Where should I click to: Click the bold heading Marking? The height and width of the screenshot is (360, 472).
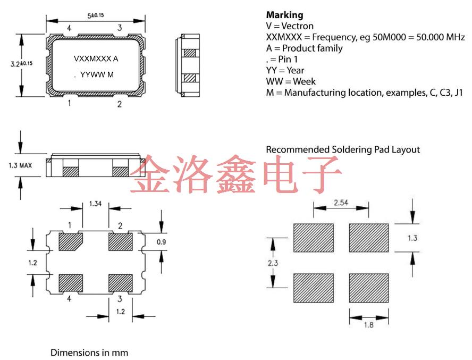(x=284, y=14)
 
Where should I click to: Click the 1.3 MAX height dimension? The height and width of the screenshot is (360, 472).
(x=20, y=165)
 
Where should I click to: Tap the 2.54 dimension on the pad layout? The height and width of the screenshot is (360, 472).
(x=341, y=203)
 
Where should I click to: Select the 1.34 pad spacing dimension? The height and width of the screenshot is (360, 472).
(x=96, y=204)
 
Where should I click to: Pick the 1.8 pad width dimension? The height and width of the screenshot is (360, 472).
(x=368, y=324)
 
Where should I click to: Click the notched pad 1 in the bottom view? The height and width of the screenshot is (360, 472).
(x=70, y=242)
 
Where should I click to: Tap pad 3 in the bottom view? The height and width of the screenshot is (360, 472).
(x=120, y=282)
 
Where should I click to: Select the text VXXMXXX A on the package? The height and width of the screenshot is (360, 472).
(x=96, y=58)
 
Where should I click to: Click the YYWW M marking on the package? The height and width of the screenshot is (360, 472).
(x=97, y=75)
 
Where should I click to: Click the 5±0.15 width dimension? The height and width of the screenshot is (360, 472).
(x=95, y=15)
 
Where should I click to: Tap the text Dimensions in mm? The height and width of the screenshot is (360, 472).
(x=89, y=352)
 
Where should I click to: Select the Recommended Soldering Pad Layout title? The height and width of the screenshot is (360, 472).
(x=343, y=149)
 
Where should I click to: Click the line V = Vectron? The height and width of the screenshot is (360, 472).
(x=290, y=26)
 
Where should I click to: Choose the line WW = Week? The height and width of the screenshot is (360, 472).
(x=291, y=81)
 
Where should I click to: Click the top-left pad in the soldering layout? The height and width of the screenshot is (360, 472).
(x=313, y=238)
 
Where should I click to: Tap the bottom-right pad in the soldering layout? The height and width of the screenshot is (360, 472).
(x=368, y=288)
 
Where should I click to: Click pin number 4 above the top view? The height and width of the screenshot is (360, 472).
(x=69, y=28)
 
